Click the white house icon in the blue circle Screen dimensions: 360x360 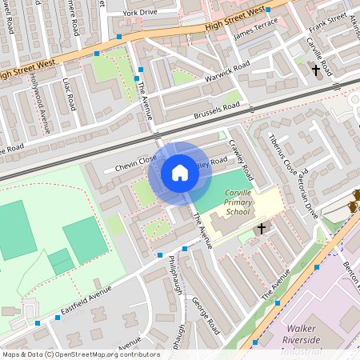(180, 173)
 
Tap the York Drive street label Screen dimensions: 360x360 (141, 14)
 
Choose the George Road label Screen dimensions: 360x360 (205, 316)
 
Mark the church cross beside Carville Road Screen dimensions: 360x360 (315, 71)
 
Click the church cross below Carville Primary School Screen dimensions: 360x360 (261, 230)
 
